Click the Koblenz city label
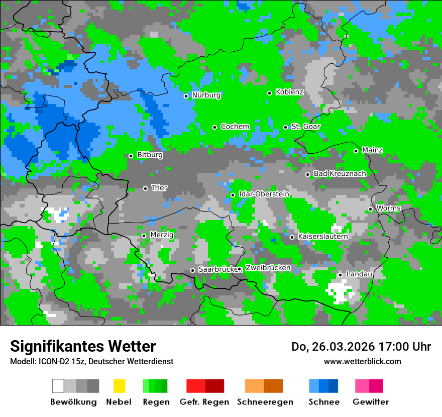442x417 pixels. pos(289,92)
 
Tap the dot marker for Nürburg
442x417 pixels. pos(186,96)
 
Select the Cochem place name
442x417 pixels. pos(235,127)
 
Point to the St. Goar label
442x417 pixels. pos(305,127)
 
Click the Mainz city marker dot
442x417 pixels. pos(356,151)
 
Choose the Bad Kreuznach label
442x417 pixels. pos(340,174)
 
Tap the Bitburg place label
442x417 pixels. pos(150,155)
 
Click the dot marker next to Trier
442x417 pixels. pos(145,188)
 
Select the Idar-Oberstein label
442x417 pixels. pos(264,194)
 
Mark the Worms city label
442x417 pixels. pos(388,208)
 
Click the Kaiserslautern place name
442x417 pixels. pos(322,236)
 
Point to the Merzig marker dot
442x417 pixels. pos(144,236)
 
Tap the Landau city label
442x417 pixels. pos(359,274)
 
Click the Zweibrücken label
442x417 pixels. pos(268,268)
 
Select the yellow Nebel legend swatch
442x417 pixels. pos(119,386)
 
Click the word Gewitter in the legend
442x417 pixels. pos(370,402)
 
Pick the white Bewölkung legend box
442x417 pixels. pos(58,386)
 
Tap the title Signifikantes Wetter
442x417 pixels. pos(83,346)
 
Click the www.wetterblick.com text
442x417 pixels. pos(362,361)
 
